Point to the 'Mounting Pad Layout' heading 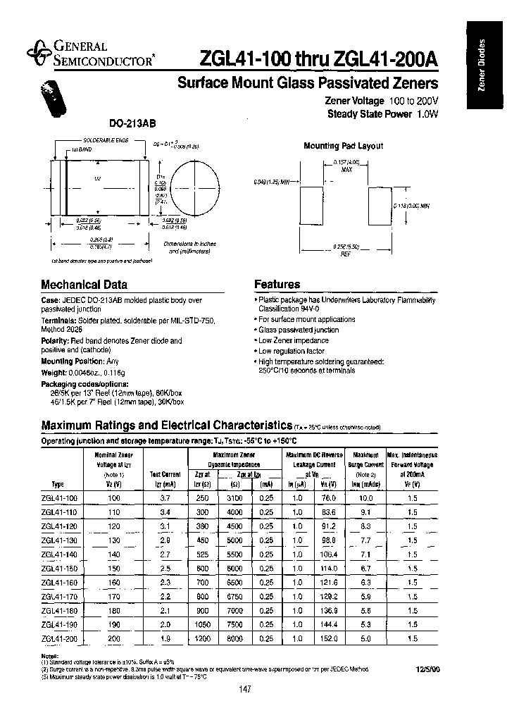[343, 146]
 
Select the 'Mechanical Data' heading [84, 285]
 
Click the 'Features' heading [277, 285]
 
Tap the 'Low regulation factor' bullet [291, 350]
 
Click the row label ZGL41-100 [60, 498]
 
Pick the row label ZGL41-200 [60, 638]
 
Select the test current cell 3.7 [166, 498]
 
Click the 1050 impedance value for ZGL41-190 [203, 624]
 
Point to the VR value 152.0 [328, 638]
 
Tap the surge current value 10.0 [366, 498]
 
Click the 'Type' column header [58, 485]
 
